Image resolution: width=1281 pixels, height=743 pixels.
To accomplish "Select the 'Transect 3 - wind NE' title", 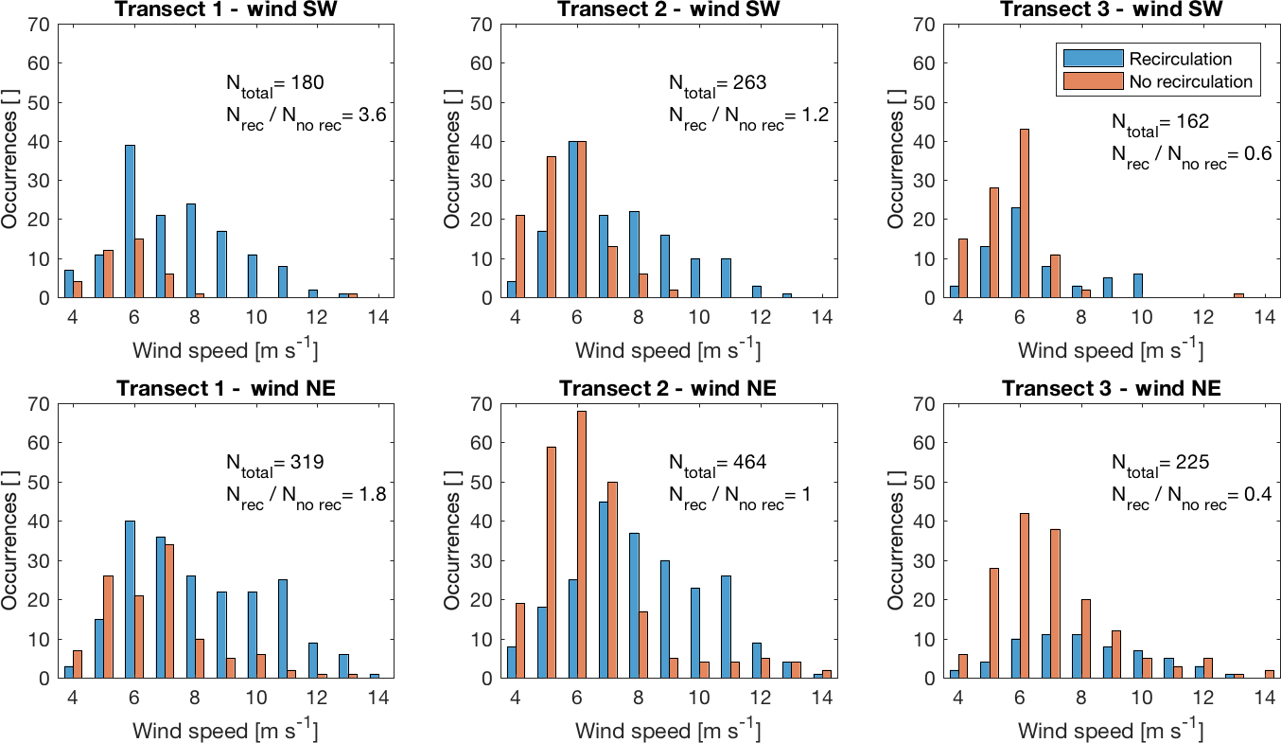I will pyautogui.click(x=1112, y=388).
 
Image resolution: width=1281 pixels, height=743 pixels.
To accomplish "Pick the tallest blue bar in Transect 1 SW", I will pyautogui.click(x=131, y=221).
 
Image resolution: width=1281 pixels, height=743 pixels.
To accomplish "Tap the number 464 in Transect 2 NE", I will pyautogui.click(x=749, y=463).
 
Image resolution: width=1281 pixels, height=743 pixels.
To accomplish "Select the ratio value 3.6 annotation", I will pyautogui.click(x=374, y=115).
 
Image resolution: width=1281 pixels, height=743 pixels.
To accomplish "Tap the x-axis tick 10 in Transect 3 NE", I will pyautogui.click(x=1140, y=698).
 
